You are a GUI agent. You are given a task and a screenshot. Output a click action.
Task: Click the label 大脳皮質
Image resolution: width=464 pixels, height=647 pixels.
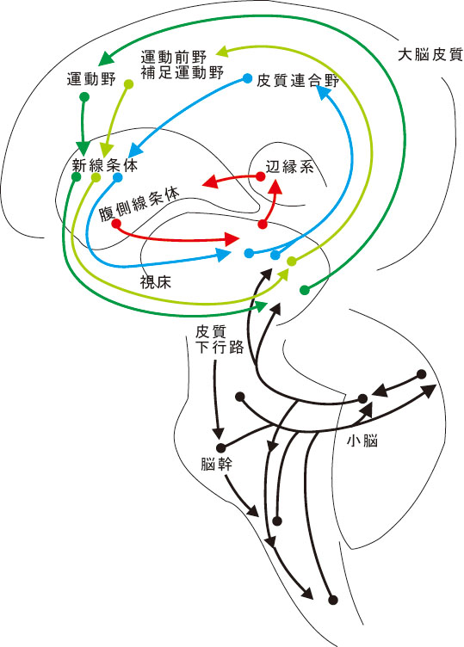tap(430, 55)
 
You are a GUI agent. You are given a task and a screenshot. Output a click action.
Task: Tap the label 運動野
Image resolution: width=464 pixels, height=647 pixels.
tap(91, 79)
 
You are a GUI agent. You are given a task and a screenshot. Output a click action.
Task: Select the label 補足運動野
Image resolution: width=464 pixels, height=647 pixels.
tap(182, 72)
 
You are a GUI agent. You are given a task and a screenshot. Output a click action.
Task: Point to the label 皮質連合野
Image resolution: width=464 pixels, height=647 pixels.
tap(298, 81)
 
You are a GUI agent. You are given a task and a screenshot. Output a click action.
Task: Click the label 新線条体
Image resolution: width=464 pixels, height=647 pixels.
tap(105, 165)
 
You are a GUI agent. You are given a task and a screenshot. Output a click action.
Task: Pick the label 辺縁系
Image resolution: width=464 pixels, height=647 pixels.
tap(289, 167)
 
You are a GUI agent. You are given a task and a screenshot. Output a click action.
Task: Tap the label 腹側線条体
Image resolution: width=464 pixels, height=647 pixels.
tap(139, 204)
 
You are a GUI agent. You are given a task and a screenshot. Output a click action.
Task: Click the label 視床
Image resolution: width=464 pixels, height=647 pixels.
tap(155, 283)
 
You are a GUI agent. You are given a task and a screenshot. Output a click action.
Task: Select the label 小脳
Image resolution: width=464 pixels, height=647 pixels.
tap(362, 441)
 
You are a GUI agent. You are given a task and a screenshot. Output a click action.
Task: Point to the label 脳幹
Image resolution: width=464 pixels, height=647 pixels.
tap(216, 465)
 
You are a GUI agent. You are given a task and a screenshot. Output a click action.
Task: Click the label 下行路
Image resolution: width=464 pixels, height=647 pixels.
tap(220, 348)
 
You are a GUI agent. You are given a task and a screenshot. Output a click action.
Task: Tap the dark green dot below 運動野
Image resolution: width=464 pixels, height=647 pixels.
tap(84, 97)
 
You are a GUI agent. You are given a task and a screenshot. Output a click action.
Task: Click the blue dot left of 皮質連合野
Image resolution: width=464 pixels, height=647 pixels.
tap(247, 78)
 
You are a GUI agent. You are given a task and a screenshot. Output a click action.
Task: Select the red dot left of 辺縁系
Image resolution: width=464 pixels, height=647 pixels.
tap(260, 176)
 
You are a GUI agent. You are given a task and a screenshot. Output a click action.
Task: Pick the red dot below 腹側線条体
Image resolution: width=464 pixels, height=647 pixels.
tap(116, 224)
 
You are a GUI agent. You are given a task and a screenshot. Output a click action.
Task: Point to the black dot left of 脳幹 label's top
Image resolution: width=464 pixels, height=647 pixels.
tap(221, 447)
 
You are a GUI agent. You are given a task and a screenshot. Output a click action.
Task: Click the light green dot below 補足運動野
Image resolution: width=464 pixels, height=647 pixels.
tap(129, 84)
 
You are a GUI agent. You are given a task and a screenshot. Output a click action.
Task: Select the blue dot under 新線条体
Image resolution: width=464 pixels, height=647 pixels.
tap(118, 177)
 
